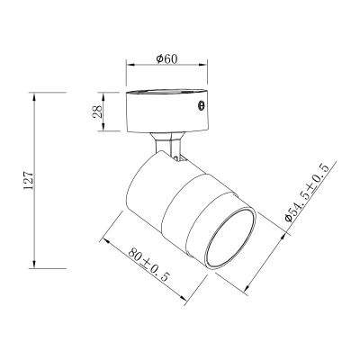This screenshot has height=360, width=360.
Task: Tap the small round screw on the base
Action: (x=201, y=106)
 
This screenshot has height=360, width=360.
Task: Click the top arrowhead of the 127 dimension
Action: (x=35, y=93)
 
